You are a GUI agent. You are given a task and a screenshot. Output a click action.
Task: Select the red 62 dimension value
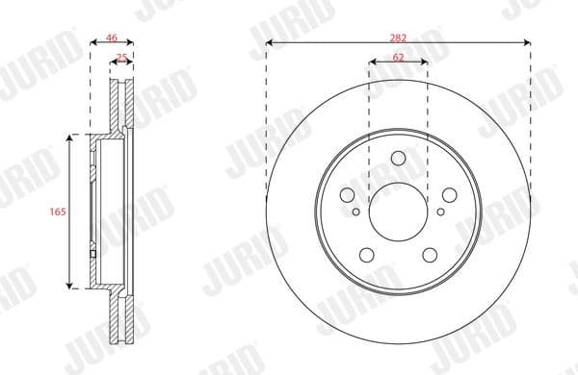click(x=398, y=58)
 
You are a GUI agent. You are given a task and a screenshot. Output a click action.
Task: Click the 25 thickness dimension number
click(x=120, y=59)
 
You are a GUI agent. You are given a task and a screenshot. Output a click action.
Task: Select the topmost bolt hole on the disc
click(x=398, y=160)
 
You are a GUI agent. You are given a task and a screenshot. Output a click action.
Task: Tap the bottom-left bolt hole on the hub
click(x=366, y=255)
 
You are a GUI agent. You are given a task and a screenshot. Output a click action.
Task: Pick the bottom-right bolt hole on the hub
click(x=430, y=255)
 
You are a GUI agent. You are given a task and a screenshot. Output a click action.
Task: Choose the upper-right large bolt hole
click(x=448, y=193)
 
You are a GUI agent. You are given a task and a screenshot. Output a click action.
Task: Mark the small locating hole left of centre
click(x=356, y=212)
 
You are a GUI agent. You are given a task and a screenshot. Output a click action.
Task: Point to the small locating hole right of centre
click(x=440, y=212)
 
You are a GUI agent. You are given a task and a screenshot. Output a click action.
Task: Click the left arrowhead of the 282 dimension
click(x=268, y=43)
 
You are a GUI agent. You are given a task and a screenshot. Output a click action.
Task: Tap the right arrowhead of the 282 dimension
click(x=528, y=43)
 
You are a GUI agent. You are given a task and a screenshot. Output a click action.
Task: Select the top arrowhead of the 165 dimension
click(x=70, y=137)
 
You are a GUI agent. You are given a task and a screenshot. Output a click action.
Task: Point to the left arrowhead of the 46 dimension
click(x=92, y=44)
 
